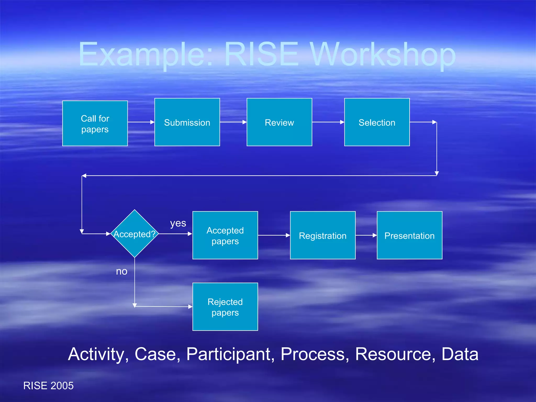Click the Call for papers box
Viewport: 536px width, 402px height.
pyautogui.click(x=95, y=123)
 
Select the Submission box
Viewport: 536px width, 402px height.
pyautogui.click(x=187, y=122)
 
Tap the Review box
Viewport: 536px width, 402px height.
pyautogui.click(x=279, y=122)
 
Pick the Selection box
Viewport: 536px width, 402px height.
pyautogui.click(x=377, y=122)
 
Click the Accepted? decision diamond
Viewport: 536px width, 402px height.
pyautogui.click(x=135, y=234)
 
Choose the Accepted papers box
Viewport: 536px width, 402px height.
pyautogui.click(x=225, y=235)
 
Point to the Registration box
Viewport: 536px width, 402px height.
pyautogui.click(x=323, y=235)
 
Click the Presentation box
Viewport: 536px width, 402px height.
pyautogui.click(x=409, y=235)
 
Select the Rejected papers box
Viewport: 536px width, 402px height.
pyautogui.click(x=225, y=307)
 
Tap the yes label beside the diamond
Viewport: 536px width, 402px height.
pyautogui.click(x=178, y=223)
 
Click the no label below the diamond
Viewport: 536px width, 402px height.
pyautogui.click(x=122, y=271)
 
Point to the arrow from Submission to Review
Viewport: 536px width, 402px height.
pyautogui.click(x=233, y=122)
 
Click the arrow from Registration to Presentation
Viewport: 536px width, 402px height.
pyautogui.click(x=366, y=235)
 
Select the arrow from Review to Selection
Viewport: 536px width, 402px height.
pyautogui.click(x=328, y=122)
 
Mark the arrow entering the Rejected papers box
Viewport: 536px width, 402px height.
pyautogui.click(x=164, y=306)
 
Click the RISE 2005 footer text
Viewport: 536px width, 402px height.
pyautogui.click(x=48, y=386)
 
